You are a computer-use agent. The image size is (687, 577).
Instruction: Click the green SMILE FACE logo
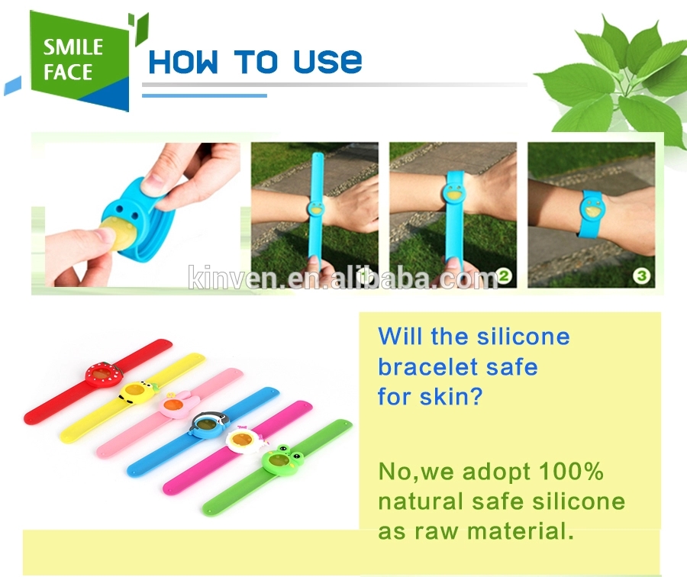79,61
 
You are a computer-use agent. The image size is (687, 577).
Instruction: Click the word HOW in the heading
183,62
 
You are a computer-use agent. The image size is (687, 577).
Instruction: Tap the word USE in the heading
327,62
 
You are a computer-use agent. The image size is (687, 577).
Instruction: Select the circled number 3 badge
642,276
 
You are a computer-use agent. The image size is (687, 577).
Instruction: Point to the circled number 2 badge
504,276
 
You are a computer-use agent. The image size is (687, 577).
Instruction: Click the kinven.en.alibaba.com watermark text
343,277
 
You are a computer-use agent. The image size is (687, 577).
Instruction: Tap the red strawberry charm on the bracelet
104,374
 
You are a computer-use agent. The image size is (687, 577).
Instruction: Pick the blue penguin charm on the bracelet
209,424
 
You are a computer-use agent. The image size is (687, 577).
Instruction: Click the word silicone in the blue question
523,337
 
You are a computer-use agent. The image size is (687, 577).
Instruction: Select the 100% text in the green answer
571,472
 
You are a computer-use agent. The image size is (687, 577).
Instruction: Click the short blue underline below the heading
205,95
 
